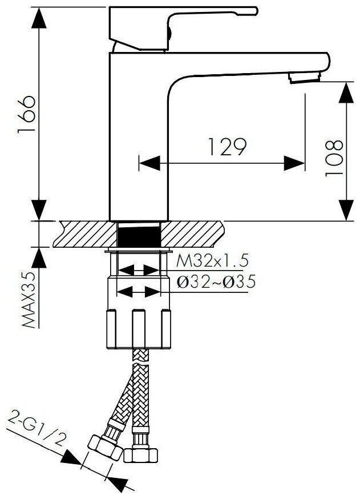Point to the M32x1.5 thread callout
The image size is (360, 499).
point(212,261)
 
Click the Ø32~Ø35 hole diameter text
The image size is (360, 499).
point(215,282)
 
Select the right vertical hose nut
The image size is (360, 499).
point(141,454)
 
